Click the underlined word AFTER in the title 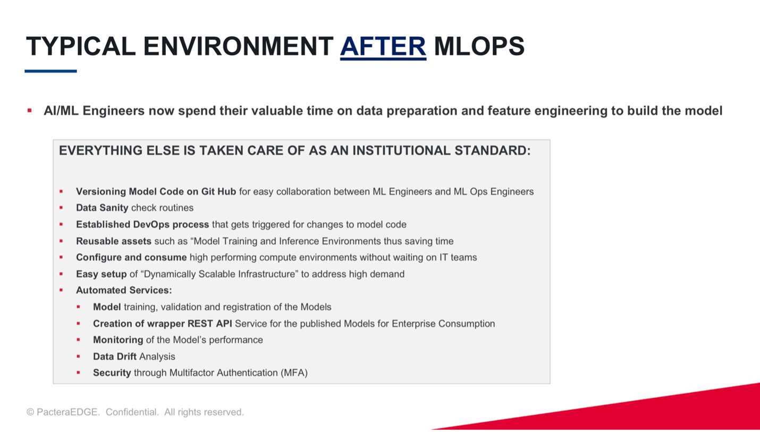tap(383, 46)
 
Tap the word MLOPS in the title tap(479, 46)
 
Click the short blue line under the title tap(50, 71)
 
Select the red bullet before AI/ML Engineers tap(30, 110)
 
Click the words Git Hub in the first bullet tap(218, 192)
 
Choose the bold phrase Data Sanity tap(102, 208)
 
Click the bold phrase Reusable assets tap(114, 241)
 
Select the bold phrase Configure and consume tap(131, 257)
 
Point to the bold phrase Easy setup tap(101, 274)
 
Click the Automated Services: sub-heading tap(124, 290)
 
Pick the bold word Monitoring tap(118, 340)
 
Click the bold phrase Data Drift tap(115, 356)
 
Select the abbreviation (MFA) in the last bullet tap(294, 373)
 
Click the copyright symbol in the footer tap(30, 412)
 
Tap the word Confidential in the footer tap(132, 412)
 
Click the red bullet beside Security tap(78, 372)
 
